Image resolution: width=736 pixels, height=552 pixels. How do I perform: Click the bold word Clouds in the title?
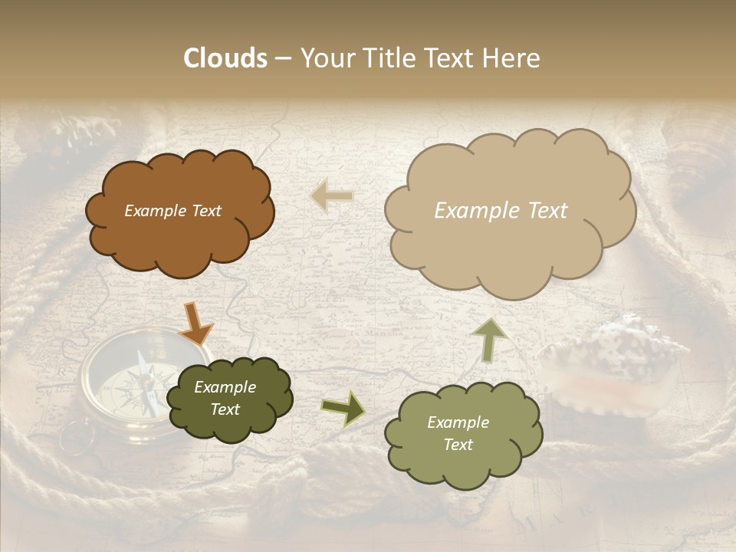tap(225, 58)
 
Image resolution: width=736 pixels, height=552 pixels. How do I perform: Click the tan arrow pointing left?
tap(332, 196)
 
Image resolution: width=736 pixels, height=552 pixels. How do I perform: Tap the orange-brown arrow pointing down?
tap(196, 324)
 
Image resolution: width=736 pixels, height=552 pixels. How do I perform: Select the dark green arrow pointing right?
tap(343, 409)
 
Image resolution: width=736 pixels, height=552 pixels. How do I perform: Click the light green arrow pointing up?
tap(489, 339)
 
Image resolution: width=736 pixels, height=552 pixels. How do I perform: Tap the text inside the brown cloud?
tap(172, 211)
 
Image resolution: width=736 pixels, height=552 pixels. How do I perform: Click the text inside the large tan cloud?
tap(501, 211)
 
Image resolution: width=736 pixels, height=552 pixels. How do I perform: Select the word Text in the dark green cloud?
tap(225, 409)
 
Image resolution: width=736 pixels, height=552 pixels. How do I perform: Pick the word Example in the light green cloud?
tap(458, 422)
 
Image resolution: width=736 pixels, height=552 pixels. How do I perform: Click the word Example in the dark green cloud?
tap(225, 387)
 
